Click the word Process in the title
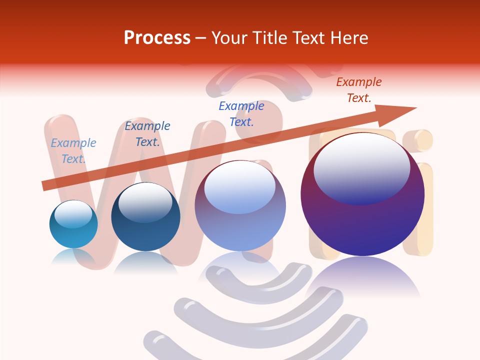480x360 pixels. point(157,38)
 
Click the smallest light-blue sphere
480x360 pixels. point(73,224)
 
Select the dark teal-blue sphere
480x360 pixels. point(145,217)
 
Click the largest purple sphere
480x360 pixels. point(362,195)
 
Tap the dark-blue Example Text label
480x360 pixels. point(147,134)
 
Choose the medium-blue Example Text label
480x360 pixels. point(241,113)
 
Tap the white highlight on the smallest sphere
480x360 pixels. point(73,214)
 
